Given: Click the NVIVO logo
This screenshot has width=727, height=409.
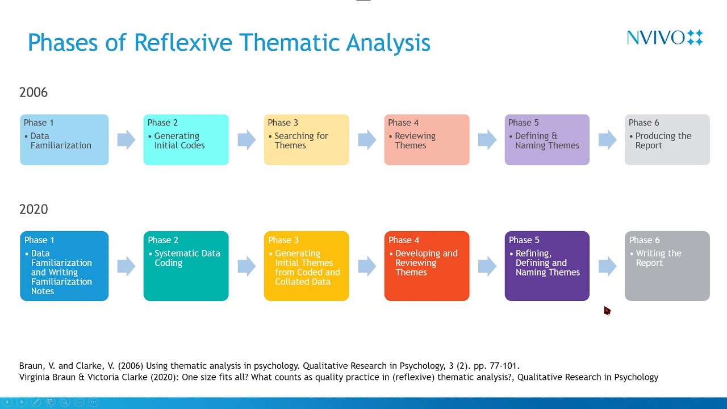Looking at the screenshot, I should pos(665,37).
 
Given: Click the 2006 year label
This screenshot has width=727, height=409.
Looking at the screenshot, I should pos(34,92).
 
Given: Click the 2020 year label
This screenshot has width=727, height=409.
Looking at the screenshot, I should pos(34,209).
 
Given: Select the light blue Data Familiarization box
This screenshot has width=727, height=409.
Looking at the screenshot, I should pos(64,140).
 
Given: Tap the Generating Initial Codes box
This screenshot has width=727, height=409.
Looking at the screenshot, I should pos(186,140).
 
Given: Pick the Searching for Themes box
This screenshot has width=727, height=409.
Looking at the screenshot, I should pos(306,140).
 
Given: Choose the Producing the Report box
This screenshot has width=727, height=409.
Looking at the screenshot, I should pos(667,140).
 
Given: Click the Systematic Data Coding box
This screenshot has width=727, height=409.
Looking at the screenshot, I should pos(186,266).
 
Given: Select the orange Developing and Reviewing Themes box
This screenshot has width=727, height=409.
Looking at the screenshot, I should pos(427,266).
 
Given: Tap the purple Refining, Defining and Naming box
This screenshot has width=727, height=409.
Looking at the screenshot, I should pos(547,266).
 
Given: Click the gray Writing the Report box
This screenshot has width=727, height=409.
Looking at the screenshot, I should pos(667,266).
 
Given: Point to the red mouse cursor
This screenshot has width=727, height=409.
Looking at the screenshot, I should pos(607,310).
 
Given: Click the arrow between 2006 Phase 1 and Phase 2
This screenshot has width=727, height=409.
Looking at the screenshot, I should pos(126,140).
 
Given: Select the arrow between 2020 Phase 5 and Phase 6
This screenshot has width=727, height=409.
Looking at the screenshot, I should pos(607,266).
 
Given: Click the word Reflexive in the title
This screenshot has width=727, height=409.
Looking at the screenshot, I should pos(183,43).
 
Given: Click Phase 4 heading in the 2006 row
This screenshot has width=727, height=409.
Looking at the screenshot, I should pos(403,123).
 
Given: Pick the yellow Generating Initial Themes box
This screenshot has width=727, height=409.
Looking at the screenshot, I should pos(306,266).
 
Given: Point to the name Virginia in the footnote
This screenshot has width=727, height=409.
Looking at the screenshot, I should pos(35,377).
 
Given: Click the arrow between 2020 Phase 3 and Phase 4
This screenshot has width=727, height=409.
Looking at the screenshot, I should pos(367,266).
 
